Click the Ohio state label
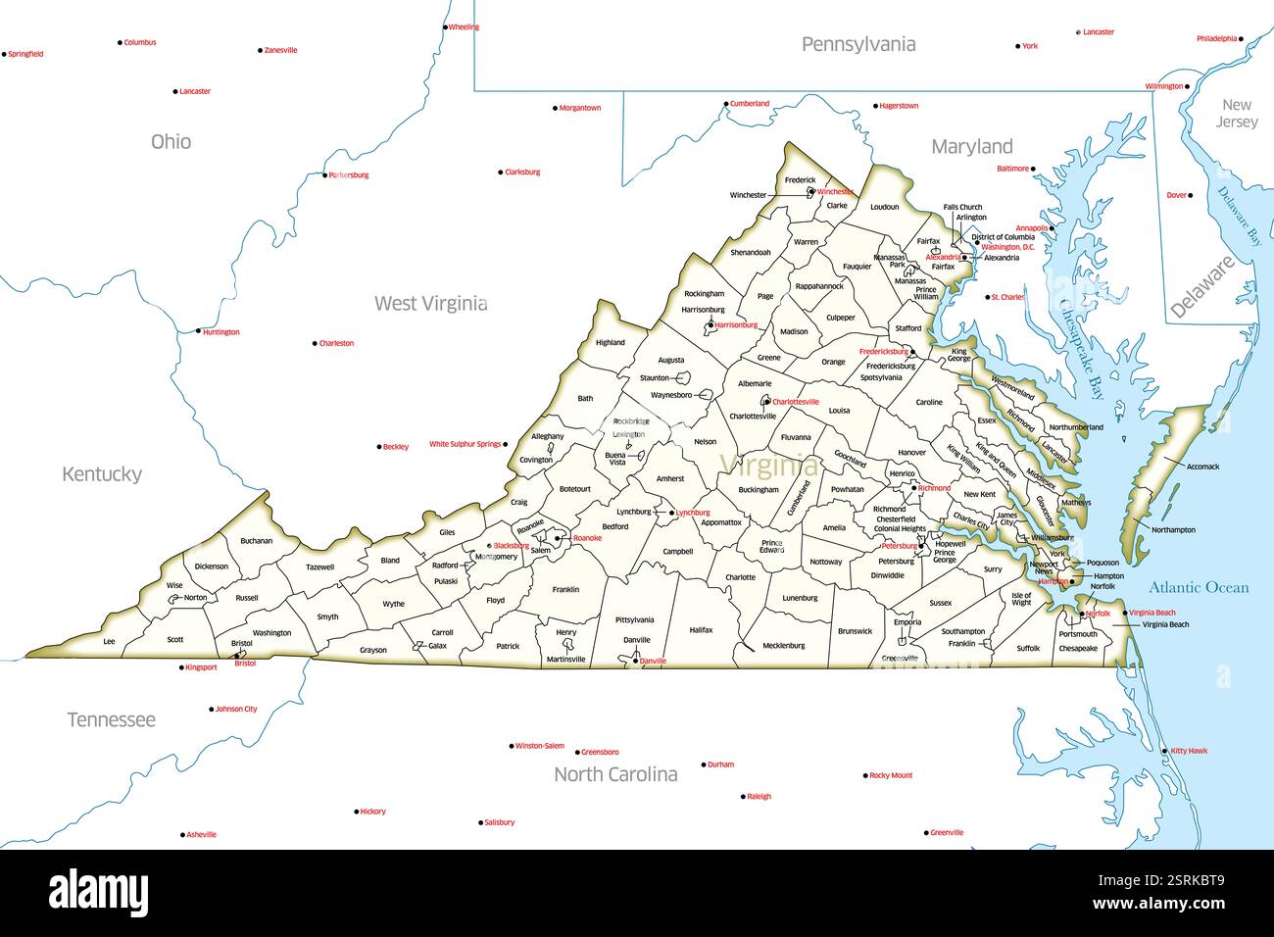coord(171,142)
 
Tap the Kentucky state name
coord(102,474)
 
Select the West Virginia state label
coord(430,304)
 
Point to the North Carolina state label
coord(615,774)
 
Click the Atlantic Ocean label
coord(1199,587)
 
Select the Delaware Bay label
coord(1241,215)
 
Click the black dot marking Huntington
coord(198,331)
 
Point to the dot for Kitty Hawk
coord(1165,751)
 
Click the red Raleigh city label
coord(759,797)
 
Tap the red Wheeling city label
coord(464,27)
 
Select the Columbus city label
coord(140,43)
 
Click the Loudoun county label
coord(884,207)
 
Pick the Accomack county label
coord(1202,467)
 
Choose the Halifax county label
coord(701,630)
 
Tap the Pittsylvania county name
coord(634,619)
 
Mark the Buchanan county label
coord(257,540)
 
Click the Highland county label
coord(610,343)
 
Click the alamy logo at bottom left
coord(99,892)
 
